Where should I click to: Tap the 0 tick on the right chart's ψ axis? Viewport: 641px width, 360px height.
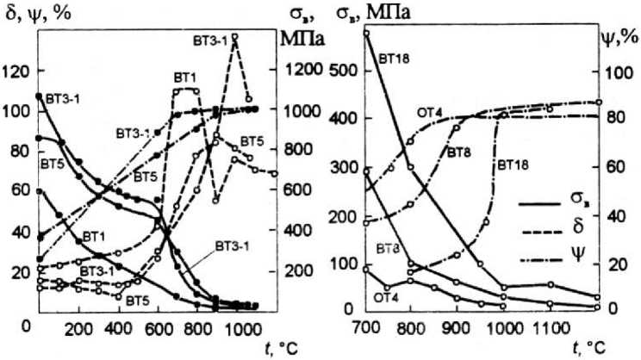point(613,309)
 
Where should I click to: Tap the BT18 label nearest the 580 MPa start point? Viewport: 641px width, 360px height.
point(393,59)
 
